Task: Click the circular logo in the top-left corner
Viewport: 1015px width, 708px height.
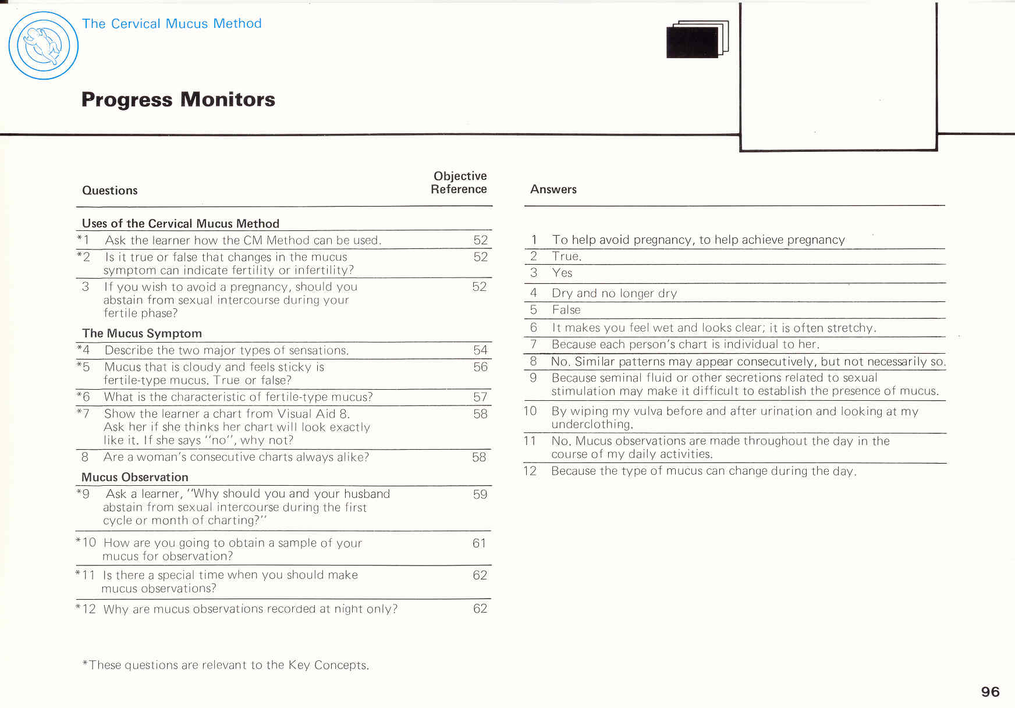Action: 44,45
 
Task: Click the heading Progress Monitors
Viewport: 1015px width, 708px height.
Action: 178,99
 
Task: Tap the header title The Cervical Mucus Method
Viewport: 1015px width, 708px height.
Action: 172,24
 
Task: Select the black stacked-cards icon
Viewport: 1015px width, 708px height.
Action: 697,40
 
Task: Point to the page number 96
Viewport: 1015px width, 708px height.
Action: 990,692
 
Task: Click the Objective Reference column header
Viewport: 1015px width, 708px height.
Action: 459,183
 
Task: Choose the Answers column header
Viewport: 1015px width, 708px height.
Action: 553,189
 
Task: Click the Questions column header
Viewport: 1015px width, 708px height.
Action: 110,190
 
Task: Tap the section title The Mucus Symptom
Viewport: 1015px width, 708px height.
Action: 142,333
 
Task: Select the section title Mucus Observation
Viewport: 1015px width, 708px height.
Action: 135,477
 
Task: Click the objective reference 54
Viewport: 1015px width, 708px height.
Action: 480,350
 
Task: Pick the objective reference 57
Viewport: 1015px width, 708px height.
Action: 480,397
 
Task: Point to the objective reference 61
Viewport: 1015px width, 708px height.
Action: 479,543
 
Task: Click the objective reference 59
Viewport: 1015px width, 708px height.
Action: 480,494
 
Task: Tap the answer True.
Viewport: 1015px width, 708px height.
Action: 566,257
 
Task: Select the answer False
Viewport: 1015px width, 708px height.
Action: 566,310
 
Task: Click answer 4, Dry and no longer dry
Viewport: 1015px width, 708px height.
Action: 614,293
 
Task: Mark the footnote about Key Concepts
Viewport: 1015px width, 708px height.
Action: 226,665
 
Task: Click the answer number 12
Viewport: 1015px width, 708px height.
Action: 530,471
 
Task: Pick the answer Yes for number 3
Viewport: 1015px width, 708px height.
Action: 562,273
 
